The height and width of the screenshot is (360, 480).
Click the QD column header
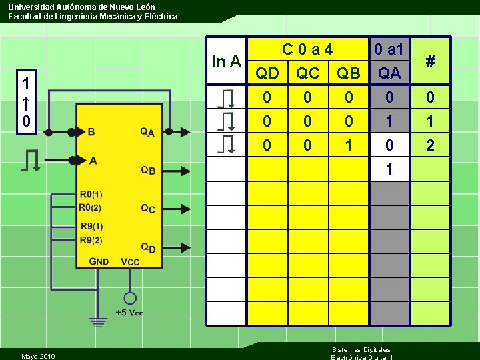[x=267, y=73]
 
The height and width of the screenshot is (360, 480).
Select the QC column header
[x=307, y=73]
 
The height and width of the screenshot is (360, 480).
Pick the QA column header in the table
[x=389, y=73]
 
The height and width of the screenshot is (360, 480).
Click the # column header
[x=431, y=61]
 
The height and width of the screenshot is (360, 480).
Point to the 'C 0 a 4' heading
[x=307, y=49]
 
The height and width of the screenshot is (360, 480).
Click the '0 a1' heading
[x=389, y=49]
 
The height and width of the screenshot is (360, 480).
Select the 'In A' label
[x=226, y=61]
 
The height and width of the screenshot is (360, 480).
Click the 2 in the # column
[x=431, y=145]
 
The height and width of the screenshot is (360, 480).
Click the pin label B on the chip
[x=91, y=132]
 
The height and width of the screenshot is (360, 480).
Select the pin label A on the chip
[x=93, y=160]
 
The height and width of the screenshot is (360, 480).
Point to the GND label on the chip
[x=99, y=261]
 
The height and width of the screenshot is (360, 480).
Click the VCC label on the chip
[x=130, y=261]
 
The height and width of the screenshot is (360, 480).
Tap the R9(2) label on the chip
[x=91, y=240]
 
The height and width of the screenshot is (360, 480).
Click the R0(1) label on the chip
[x=91, y=195]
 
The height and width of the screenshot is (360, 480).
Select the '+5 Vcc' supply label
[x=129, y=313]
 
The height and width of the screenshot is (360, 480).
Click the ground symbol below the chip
[x=99, y=323]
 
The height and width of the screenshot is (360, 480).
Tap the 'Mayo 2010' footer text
[x=39, y=356]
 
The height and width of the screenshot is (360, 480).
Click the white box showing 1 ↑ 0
[x=25, y=103]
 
